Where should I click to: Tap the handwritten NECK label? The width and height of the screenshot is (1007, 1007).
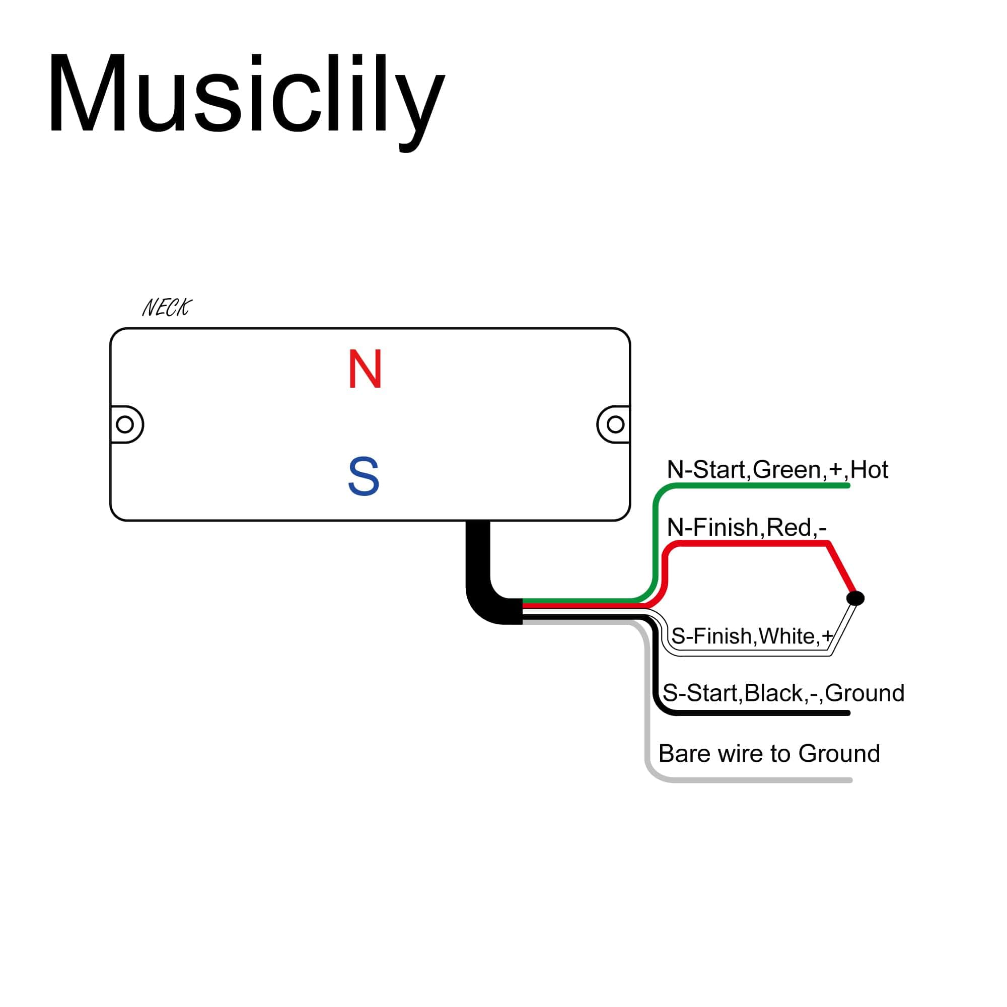[167, 308]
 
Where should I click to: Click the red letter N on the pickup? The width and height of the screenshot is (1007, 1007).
[365, 369]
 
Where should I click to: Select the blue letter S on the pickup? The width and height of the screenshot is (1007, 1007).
[364, 476]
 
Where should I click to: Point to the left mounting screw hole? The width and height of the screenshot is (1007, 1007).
[124, 424]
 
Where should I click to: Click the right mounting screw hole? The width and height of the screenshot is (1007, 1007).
[616, 424]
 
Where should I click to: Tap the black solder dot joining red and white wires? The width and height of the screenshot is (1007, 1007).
[855, 598]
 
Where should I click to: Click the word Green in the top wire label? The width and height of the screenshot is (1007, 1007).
[787, 470]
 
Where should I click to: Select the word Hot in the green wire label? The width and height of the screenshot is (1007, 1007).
[869, 470]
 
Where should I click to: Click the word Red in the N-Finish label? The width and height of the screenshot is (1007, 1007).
[789, 528]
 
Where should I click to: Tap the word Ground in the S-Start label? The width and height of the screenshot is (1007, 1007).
[864, 693]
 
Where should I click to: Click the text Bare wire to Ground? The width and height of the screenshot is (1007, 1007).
[769, 753]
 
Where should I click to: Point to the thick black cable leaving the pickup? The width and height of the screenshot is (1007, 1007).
[478, 563]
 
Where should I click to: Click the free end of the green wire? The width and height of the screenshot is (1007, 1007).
[847, 486]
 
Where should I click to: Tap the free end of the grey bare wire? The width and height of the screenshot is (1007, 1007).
[849, 780]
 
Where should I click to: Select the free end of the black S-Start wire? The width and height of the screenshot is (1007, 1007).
[847, 713]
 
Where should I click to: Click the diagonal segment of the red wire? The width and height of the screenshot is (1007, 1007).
[840, 569]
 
